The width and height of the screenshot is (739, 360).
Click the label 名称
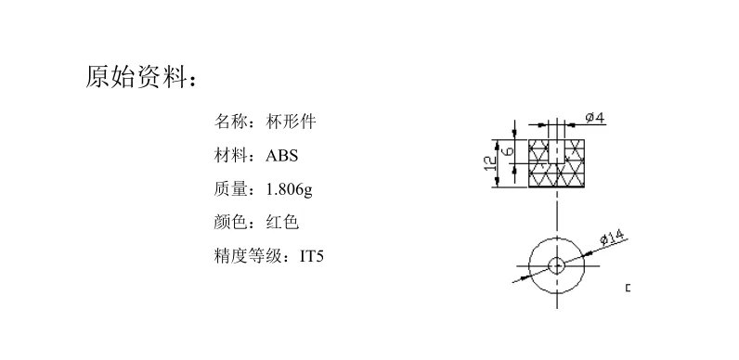pos(232,121)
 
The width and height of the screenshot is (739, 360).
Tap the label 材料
pos(232,155)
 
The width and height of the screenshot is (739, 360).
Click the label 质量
pos(232,189)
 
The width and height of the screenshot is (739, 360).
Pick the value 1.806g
pos(289,189)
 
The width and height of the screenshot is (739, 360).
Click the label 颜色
pos(232,222)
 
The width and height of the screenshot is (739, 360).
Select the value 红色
pos(282,222)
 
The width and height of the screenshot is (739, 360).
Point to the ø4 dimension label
pos(595,119)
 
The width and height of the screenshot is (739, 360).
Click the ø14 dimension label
pos(611,237)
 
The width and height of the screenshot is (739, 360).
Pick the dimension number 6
pos(508,148)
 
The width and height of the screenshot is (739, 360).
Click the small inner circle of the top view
pos(557,265)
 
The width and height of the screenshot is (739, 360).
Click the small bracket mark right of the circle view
pos(629,289)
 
